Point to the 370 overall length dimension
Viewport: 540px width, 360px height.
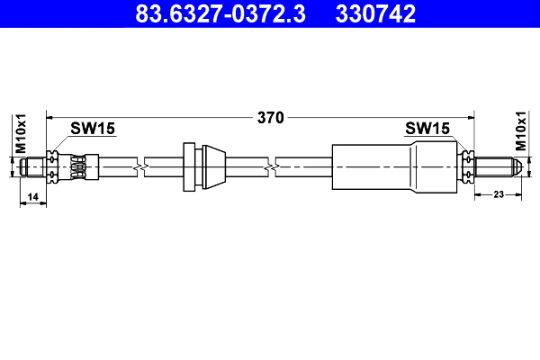click(x=271, y=117)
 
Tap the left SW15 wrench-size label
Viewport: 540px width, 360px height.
click(x=93, y=129)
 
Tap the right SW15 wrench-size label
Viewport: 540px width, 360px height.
click(x=427, y=129)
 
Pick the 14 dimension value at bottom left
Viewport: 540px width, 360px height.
click(x=32, y=196)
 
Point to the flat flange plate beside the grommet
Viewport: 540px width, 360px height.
click(x=189, y=166)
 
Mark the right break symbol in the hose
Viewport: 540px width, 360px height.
click(x=270, y=167)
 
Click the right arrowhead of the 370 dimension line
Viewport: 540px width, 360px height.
click(x=469, y=117)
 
